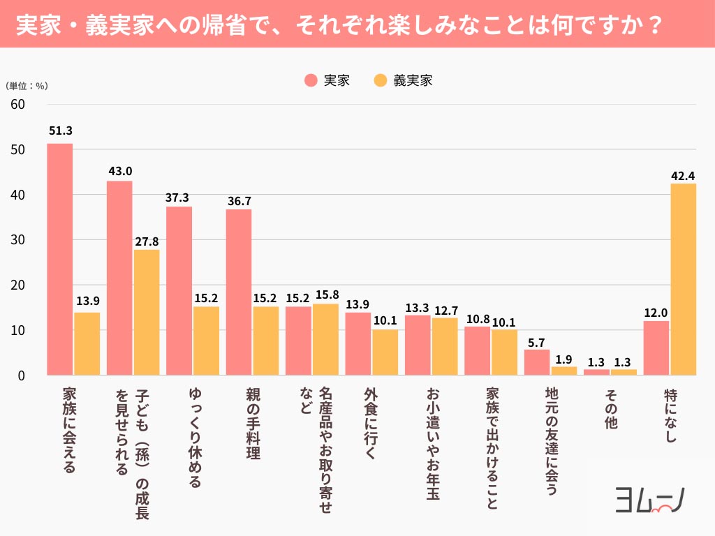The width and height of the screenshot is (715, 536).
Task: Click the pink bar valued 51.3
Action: pos(60,260)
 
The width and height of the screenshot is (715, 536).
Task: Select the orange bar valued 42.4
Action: pos(683,279)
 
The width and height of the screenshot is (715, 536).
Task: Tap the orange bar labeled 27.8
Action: pos(147,312)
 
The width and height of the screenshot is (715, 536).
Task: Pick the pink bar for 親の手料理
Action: pos(239,292)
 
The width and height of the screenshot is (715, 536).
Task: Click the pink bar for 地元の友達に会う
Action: pos(537,362)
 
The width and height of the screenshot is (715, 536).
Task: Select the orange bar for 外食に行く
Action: pos(385,352)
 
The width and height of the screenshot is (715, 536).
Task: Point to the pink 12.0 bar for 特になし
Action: pos(656,348)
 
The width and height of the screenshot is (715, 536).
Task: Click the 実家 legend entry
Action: pos(327,81)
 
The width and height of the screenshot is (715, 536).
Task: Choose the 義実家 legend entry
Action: pos(403,81)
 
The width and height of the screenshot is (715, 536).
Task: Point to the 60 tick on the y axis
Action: pos(17,105)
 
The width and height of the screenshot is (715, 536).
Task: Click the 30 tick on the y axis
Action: pos(17,240)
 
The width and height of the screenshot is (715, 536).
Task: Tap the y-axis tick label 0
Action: pos(22,375)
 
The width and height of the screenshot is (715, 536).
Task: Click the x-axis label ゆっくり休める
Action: pos(195,438)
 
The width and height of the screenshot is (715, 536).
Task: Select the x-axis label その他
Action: pos(610,409)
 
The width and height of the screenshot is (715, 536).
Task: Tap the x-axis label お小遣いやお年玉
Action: pos(433,444)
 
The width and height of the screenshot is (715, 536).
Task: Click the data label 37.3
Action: pos(177,198)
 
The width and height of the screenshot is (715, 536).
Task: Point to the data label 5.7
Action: pos(536,343)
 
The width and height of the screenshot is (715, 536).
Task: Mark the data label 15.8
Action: pos(327,295)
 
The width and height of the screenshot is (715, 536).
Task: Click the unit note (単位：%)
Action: pos(27,86)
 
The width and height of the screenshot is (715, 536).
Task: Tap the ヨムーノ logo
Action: pos(650,500)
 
